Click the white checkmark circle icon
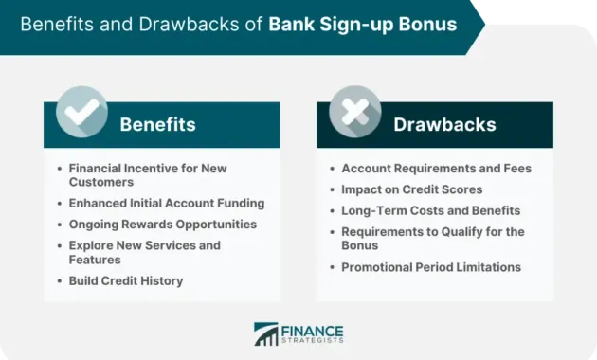pyautogui.click(x=81, y=113)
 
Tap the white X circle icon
pyautogui.click(x=354, y=113)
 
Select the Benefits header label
pyautogui.click(x=157, y=124)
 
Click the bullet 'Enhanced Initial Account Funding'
pyautogui.click(x=166, y=203)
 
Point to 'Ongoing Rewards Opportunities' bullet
pyautogui.click(x=162, y=225)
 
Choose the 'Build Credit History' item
pyautogui.click(x=126, y=280)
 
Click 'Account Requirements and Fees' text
pyautogui.click(x=436, y=169)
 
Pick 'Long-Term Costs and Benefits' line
pyautogui.click(x=430, y=210)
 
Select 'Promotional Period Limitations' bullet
pyautogui.click(x=431, y=267)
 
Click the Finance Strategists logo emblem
pyautogui.click(x=266, y=333)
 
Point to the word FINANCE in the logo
pyautogui.click(x=314, y=328)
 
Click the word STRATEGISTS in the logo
pyautogui.click(x=314, y=339)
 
